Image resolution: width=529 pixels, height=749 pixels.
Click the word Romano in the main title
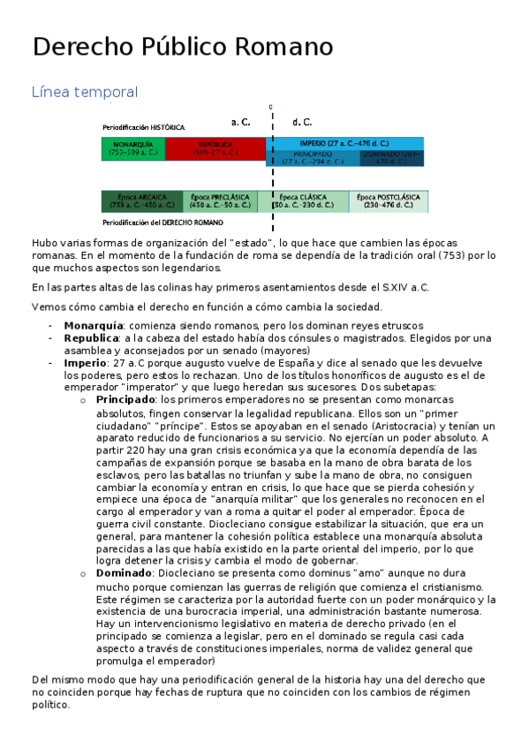(x=285, y=48)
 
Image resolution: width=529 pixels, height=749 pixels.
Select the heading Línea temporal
(x=84, y=92)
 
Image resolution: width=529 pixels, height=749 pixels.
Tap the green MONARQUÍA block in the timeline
(x=132, y=148)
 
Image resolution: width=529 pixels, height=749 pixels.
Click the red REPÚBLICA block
(x=215, y=148)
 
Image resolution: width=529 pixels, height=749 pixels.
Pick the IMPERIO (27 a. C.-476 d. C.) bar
(x=344, y=142)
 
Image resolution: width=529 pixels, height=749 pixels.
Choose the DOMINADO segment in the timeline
(x=392, y=158)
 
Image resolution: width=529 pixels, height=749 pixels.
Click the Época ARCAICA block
(x=141, y=201)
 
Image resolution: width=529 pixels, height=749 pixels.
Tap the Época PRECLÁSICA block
(x=220, y=201)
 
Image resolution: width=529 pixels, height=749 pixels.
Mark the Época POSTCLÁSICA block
(x=388, y=201)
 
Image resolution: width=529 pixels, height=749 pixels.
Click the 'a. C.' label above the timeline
(x=240, y=123)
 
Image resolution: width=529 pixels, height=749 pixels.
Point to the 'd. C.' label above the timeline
(x=301, y=123)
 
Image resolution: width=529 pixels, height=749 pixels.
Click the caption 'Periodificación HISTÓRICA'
(x=143, y=128)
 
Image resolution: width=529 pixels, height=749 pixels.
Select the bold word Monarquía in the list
(x=93, y=326)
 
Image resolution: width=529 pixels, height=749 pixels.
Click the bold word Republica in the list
(x=91, y=338)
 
